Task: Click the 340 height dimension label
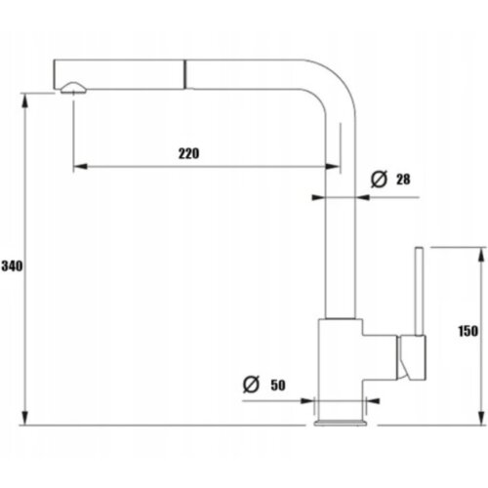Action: pyautogui.click(x=12, y=266)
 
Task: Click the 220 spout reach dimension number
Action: pyautogui.click(x=188, y=153)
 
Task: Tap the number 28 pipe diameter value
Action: pyautogui.click(x=403, y=180)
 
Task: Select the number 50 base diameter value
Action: pyautogui.click(x=278, y=386)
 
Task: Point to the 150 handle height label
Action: pyautogui.click(x=468, y=331)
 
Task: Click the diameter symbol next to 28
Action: pyautogui.click(x=379, y=179)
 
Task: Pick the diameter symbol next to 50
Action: pyautogui.click(x=251, y=385)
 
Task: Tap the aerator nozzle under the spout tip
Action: pyautogui.click(x=73, y=88)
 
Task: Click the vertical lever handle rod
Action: pyautogui.click(x=419, y=291)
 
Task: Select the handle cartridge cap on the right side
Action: pyautogui.click(x=412, y=357)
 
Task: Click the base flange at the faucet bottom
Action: pyautogui.click(x=341, y=423)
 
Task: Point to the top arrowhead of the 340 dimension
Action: pyautogui.click(x=24, y=102)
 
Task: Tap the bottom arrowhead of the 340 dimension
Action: pyautogui.click(x=24, y=417)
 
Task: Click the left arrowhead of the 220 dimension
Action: pyautogui.click(x=81, y=167)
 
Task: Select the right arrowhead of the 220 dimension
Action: pyautogui.click(x=332, y=167)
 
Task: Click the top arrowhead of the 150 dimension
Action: pyautogui.click(x=481, y=255)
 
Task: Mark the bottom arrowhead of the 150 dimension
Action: pyautogui.click(x=481, y=417)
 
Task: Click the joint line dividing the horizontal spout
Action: pyautogui.click(x=185, y=74)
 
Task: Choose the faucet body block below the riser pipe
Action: pyautogui.click(x=341, y=369)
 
